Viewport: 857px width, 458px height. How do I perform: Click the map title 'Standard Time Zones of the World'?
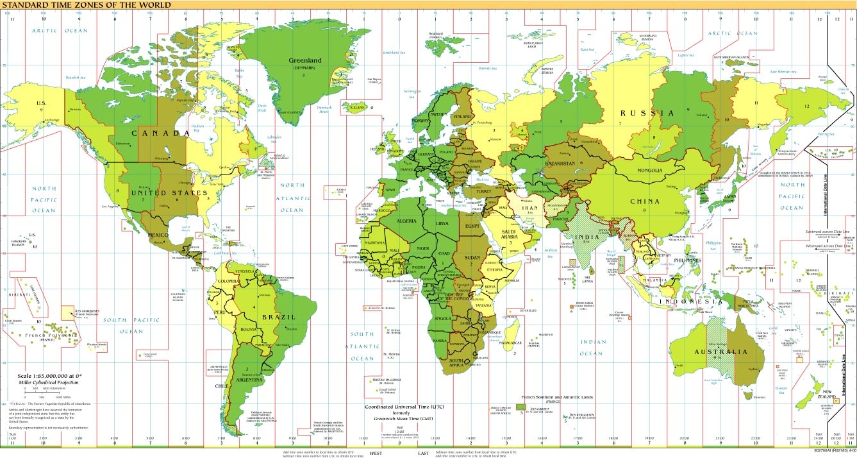pos(87,5)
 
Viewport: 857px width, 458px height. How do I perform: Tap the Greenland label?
pos(304,61)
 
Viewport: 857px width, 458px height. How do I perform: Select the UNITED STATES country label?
pos(169,192)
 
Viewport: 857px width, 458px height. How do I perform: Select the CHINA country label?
pos(644,201)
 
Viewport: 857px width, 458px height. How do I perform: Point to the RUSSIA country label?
pos(647,114)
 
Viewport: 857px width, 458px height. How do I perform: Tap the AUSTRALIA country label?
pos(722,352)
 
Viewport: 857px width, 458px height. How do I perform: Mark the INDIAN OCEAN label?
pos(591,348)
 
